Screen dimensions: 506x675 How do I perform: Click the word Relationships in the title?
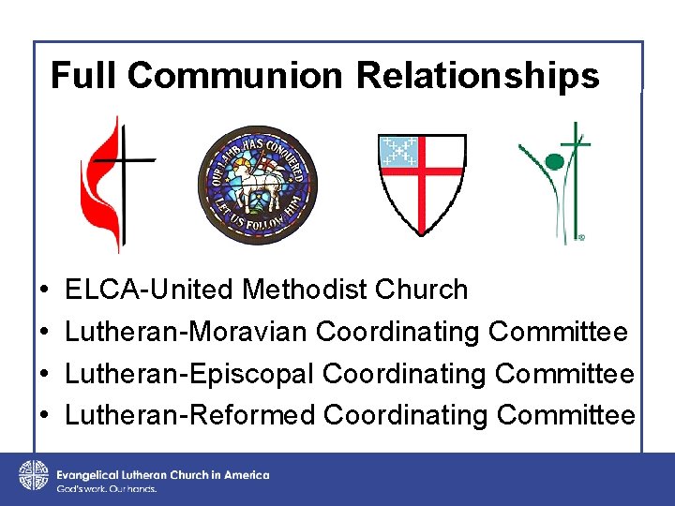click(478, 75)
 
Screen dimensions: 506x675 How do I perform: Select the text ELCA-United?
click(150, 290)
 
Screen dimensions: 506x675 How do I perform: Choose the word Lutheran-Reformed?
click(190, 414)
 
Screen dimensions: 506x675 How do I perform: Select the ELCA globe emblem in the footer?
click(33, 475)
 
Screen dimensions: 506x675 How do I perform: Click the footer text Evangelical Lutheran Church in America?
click(162, 475)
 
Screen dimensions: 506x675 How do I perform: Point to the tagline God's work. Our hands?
click(106, 489)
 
